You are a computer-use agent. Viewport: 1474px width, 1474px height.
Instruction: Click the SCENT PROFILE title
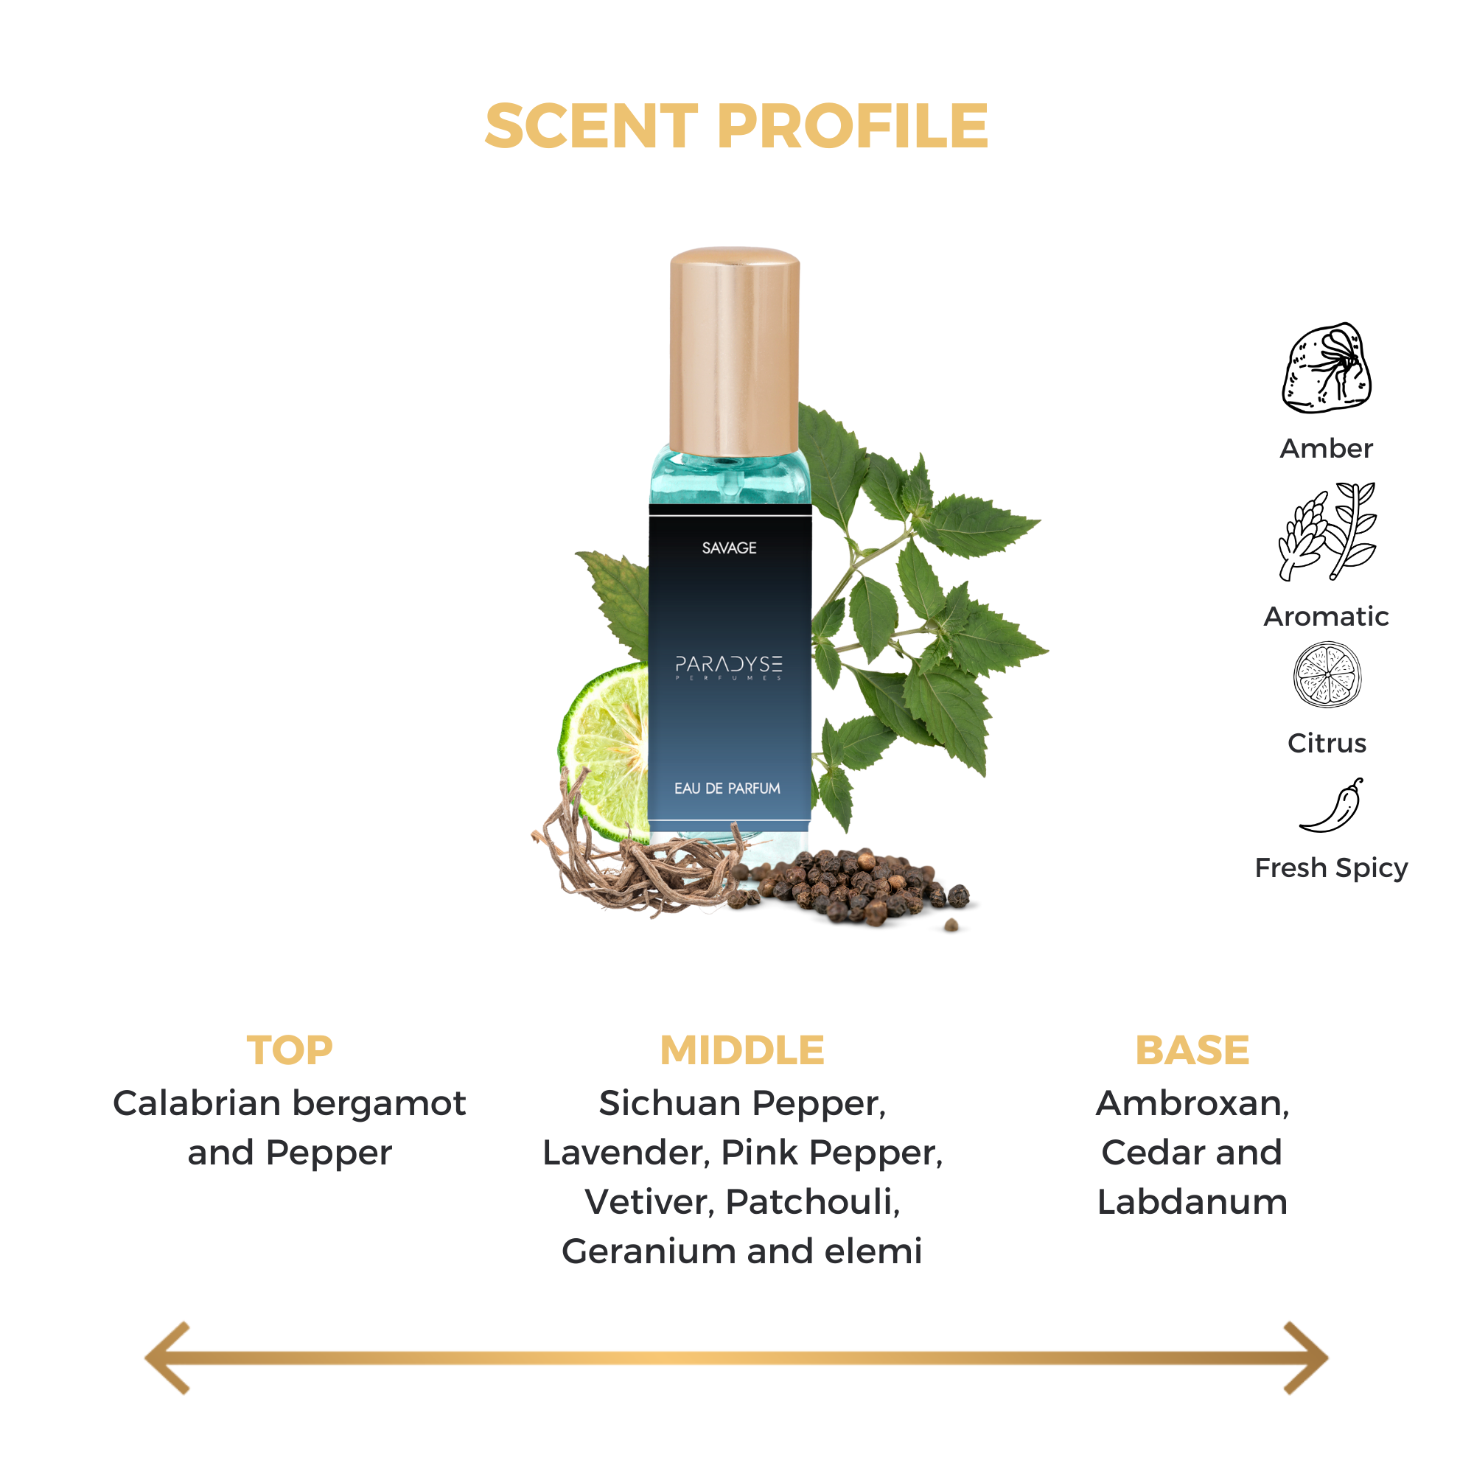[x=736, y=126]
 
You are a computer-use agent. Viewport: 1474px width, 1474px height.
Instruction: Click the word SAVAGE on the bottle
[x=729, y=548]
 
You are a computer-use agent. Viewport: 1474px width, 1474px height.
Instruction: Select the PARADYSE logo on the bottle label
[x=729, y=667]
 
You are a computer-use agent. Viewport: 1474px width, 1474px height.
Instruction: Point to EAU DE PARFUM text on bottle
[x=727, y=788]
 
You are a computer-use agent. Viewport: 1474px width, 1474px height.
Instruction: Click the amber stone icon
[x=1326, y=368]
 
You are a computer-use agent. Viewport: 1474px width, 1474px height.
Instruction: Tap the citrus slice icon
[x=1327, y=674]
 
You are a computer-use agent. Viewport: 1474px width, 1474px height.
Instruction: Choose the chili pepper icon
[x=1332, y=805]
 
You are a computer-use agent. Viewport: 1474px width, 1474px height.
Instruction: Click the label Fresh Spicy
[x=1331, y=867]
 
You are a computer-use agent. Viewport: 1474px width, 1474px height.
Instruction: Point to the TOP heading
[x=289, y=1050]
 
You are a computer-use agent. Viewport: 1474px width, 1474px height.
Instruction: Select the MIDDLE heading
[x=741, y=1050]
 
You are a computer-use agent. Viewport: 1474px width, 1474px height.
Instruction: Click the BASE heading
[x=1192, y=1050]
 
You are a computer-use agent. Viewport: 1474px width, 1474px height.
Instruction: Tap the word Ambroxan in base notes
[x=1192, y=1103]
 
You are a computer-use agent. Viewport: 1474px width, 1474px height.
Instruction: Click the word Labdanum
[x=1192, y=1201]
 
